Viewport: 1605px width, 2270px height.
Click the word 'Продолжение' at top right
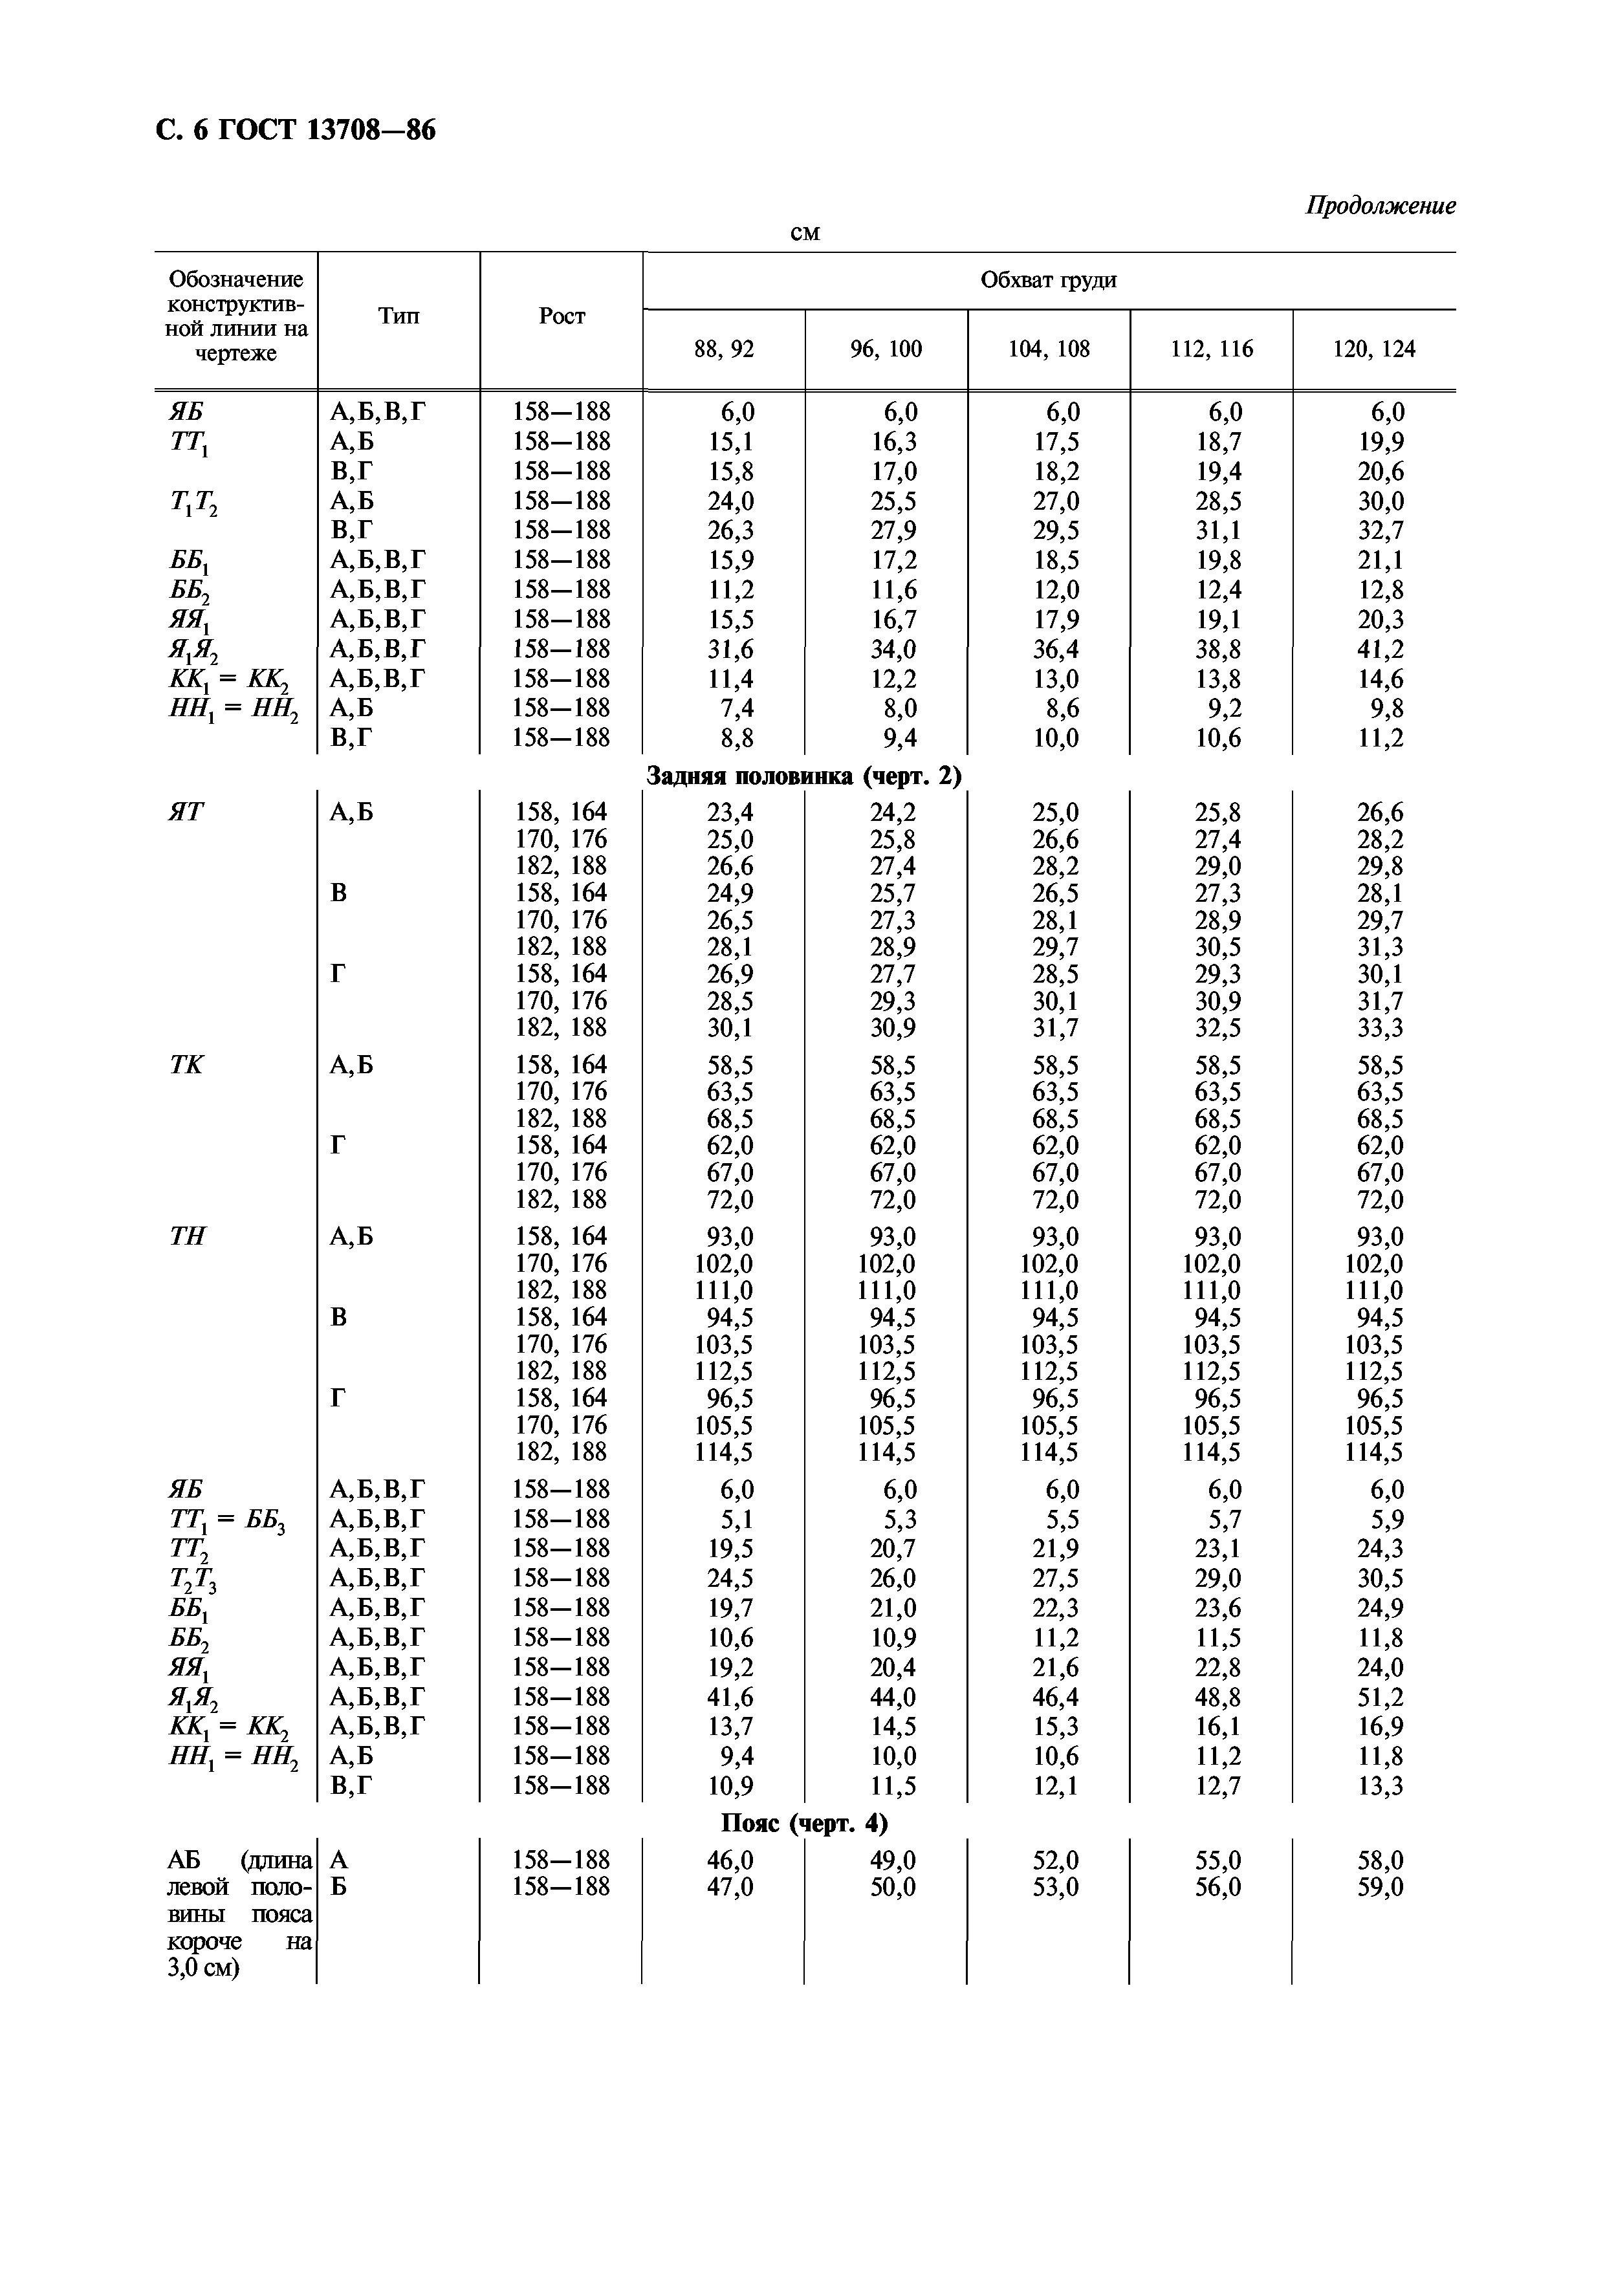[1381, 206]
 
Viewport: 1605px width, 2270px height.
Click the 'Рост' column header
[561, 316]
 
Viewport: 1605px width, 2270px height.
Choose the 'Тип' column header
[399, 316]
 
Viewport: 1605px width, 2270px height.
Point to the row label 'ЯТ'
[187, 812]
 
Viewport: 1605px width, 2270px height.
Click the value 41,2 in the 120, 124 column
[1381, 649]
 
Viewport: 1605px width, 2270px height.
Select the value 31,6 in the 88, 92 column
[730, 649]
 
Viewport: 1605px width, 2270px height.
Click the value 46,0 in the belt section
[730, 1860]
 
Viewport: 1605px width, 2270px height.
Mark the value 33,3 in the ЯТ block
[1381, 1028]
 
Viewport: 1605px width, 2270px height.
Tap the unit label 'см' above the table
[806, 234]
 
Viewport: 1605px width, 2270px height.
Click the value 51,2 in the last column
[1381, 1697]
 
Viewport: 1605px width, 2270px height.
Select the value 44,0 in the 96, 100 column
[892, 1697]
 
